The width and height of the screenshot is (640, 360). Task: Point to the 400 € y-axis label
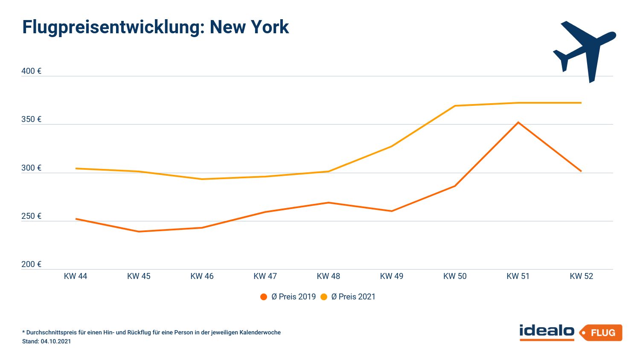click(31, 71)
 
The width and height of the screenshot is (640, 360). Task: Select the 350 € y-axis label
click(31, 119)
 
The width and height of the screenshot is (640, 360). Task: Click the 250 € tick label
click(31, 216)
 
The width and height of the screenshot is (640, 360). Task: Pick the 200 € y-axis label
click(31, 264)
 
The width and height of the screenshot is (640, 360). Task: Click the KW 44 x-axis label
click(76, 276)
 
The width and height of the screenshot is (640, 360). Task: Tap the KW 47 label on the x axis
click(265, 276)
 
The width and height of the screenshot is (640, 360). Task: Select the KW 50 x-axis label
click(455, 276)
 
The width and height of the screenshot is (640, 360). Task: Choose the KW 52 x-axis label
click(581, 276)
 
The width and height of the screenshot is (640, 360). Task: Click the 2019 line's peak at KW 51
click(518, 122)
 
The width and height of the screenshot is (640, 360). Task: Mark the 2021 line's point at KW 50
click(455, 106)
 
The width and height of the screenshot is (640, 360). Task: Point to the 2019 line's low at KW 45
click(139, 232)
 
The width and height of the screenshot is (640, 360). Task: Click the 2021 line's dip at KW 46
click(202, 179)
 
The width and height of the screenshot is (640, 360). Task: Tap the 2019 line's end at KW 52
click(581, 171)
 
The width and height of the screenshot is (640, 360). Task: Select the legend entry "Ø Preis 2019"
click(293, 297)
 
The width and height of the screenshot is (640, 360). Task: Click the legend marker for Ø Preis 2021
click(324, 297)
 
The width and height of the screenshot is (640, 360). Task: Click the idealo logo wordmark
click(547, 332)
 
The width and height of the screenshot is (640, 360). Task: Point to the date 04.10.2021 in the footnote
click(56, 342)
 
